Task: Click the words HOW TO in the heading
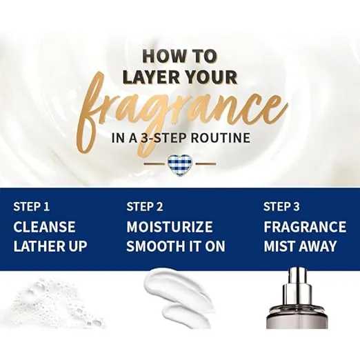[180, 56]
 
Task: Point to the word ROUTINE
[221, 138]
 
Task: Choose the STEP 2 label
[145, 206]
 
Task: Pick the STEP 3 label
[281, 206]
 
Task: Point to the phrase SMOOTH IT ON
[176, 246]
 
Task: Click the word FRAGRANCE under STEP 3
[305, 227]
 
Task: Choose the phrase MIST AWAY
[300, 246]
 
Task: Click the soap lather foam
[55, 303]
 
